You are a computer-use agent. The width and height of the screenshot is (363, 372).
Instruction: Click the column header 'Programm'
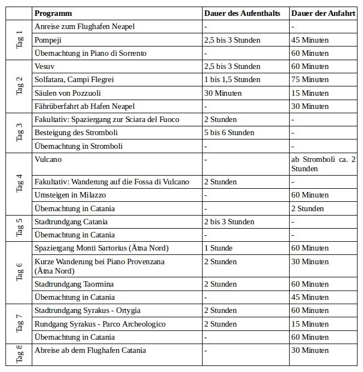[53, 13]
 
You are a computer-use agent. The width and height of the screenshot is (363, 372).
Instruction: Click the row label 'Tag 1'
[20, 40]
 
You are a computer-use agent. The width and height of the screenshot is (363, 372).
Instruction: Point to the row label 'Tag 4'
[20, 184]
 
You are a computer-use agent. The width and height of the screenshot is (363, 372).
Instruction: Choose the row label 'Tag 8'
[20, 354]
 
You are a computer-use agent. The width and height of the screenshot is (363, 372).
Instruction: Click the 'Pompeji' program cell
[48, 40]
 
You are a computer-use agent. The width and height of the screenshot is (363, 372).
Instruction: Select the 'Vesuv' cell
[45, 66]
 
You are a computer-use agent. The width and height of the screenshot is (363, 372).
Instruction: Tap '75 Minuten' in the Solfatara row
[310, 79]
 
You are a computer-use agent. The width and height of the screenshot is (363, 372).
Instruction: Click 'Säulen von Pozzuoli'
[67, 93]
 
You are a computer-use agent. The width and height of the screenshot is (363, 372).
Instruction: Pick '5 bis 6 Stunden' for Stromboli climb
[229, 132]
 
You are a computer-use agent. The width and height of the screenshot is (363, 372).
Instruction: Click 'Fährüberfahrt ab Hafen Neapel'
[84, 106]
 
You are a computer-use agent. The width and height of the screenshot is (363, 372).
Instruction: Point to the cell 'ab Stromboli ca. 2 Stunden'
[324, 164]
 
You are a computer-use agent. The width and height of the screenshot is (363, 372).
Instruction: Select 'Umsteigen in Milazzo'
[70, 195]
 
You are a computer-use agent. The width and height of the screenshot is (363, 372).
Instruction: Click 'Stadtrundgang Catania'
[71, 222]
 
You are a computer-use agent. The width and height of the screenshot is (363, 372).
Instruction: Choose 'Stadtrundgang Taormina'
[74, 284]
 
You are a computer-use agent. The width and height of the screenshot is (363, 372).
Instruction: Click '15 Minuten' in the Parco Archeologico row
[310, 324]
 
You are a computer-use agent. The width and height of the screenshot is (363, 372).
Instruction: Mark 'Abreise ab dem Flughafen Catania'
[90, 350]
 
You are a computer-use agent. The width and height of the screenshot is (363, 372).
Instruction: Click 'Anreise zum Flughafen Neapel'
[84, 26]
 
